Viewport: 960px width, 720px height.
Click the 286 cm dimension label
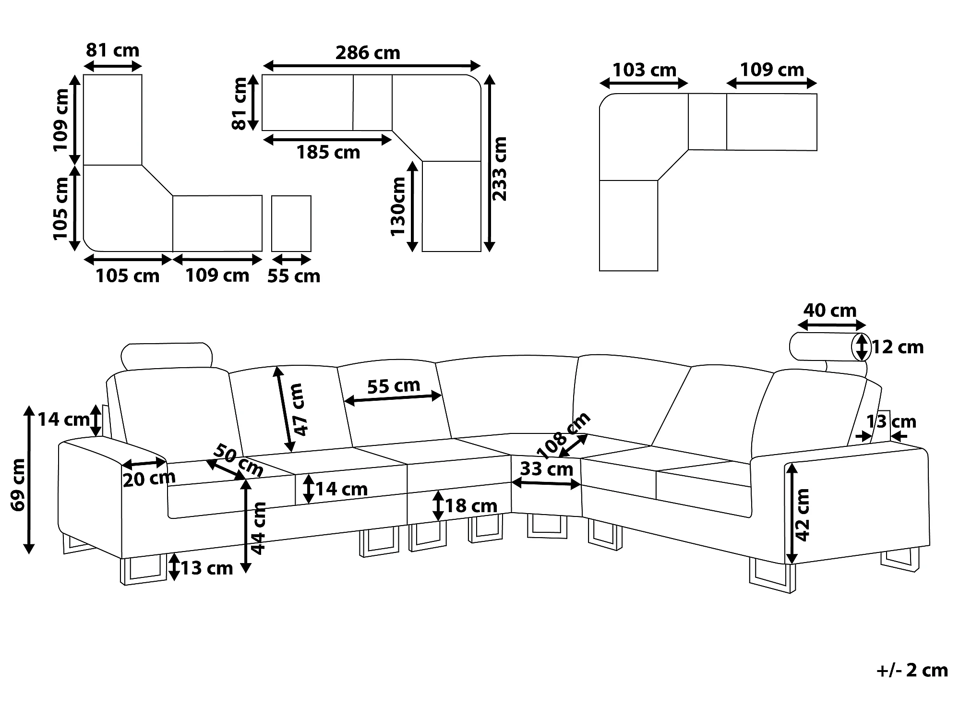pos(368,53)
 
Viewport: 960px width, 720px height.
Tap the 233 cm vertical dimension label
pos(500,169)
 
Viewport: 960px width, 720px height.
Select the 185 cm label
pos(328,153)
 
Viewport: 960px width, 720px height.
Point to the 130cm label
pos(398,206)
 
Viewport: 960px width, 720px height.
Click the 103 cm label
pos(644,71)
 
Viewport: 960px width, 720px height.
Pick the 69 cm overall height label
pos(18,485)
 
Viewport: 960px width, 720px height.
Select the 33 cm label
pos(546,469)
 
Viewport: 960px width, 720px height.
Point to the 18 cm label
pos(471,506)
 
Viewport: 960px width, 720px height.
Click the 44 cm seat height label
pos(259,528)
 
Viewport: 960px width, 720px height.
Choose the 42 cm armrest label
pos(803,515)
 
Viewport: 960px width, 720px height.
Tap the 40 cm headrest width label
pos(830,311)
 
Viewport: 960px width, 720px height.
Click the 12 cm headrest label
pos(897,347)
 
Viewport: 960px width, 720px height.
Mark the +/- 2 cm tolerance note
pos(912,671)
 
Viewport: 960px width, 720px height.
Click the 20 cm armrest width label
pos(149,479)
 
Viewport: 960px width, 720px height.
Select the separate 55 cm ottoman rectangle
pos(291,223)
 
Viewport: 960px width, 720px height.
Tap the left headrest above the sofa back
pos(167,356)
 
